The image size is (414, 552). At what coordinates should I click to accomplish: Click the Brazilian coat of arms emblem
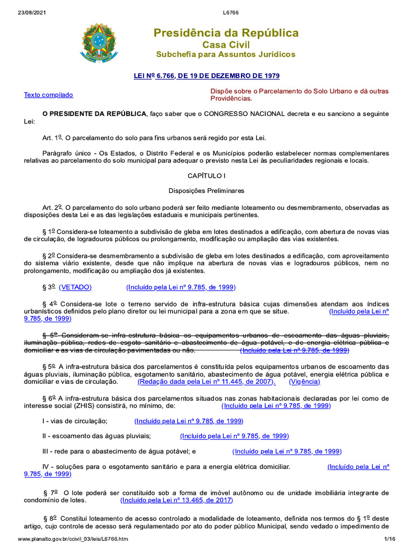coord(98,43)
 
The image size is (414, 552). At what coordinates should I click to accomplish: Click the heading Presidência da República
coord(226,33)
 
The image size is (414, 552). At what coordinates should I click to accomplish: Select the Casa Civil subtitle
coord(226,45)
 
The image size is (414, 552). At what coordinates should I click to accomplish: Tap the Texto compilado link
coord(49,95)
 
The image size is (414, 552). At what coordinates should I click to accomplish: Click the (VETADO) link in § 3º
coord(75,287)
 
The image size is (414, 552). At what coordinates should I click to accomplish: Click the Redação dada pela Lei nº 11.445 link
coord(206,382)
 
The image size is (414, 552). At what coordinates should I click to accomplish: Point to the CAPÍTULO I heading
coord(206,176)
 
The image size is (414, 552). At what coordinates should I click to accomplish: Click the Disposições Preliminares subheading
coord(206,191)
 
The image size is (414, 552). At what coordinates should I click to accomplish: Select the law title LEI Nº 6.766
coord(206,76)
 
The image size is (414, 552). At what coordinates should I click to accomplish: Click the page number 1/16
coord(390,539)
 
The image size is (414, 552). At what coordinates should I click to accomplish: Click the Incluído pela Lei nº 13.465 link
coord(177,500)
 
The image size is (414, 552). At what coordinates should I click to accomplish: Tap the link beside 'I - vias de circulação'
coord(189,421)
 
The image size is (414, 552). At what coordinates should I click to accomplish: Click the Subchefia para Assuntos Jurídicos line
coord(226,55)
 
